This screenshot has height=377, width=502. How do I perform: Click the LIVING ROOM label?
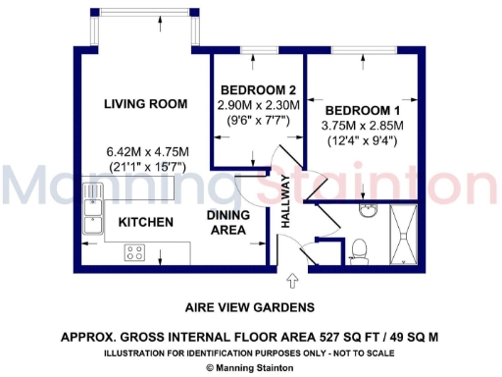pos(146,103)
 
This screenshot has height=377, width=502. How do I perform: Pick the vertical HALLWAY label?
pos(286,202)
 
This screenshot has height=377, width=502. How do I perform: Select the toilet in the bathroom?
pos(359,247)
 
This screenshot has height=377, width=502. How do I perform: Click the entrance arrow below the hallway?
pos(285,283)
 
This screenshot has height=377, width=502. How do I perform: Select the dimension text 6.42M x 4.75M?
pos(147,152)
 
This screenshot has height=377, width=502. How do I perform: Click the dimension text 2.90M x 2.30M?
pos(258,104)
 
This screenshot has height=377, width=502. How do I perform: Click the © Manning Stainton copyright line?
pos(252,367)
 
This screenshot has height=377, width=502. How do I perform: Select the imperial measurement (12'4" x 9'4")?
pos(362,139)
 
